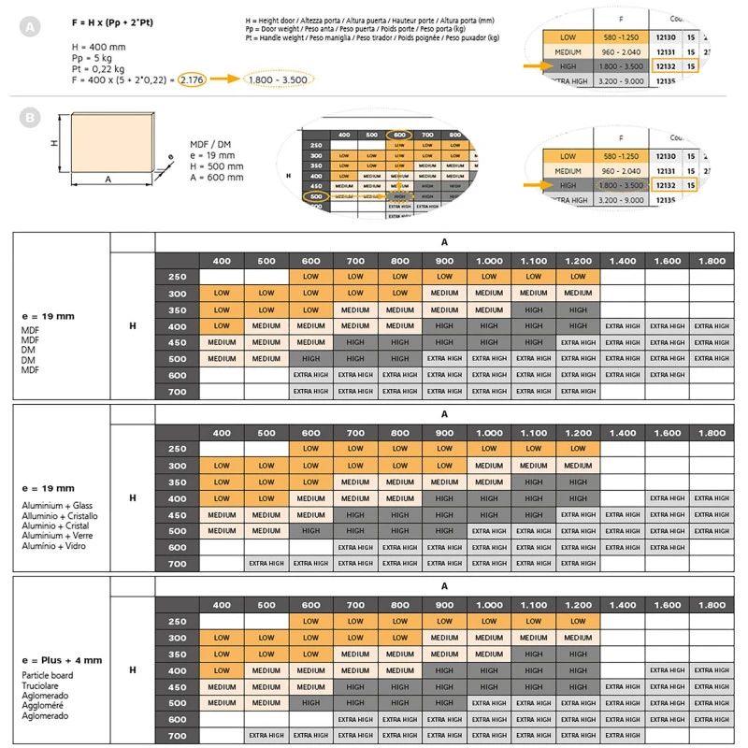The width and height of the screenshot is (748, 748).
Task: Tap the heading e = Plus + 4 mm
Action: (63, 660)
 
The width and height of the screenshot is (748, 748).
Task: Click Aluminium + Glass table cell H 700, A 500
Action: (266, 564)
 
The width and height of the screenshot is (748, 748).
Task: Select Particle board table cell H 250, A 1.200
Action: (578, 621)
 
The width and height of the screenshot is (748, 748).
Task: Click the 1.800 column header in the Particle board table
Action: (711, 605)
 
